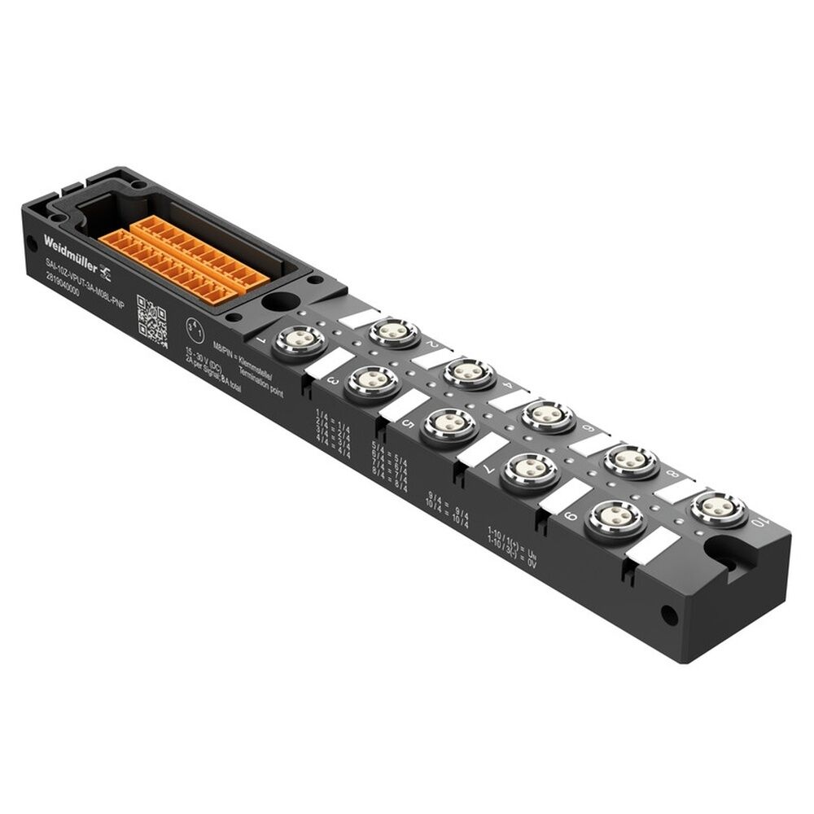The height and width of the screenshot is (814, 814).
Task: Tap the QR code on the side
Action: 152,320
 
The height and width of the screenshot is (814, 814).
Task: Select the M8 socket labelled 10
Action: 717,508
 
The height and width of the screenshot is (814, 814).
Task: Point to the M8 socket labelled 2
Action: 394,331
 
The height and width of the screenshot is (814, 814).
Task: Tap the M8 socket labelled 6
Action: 548,415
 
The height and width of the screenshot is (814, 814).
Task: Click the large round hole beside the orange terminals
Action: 280,301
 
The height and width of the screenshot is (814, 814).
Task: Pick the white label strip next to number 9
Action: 565,496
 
